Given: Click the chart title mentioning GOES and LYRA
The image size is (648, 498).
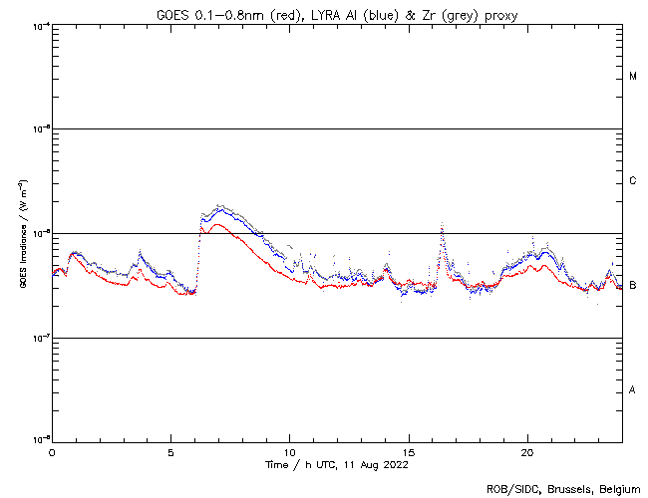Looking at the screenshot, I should [337, 13].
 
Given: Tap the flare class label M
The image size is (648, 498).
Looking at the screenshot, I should [633, 77].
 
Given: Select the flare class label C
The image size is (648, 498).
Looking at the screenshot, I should [633, 181].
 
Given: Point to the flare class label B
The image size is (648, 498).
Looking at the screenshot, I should [633, 286].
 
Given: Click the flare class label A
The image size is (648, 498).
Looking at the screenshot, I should [633, 390].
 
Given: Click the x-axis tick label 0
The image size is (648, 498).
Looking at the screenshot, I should [52, 452].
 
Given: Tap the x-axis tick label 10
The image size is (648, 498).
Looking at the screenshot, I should [290, 452].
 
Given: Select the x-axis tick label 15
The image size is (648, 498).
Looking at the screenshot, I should [409, 452].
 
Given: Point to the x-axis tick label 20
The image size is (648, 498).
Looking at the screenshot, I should [528, 452].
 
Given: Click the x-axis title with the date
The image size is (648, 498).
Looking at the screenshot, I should [337, 465].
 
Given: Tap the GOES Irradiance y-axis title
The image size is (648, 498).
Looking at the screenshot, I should [22, 234].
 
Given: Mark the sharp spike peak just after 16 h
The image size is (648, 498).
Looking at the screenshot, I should [442, 224].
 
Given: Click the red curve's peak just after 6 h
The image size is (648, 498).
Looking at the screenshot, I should [202, 226].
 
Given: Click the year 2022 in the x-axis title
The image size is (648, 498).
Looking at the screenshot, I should [396, 465].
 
